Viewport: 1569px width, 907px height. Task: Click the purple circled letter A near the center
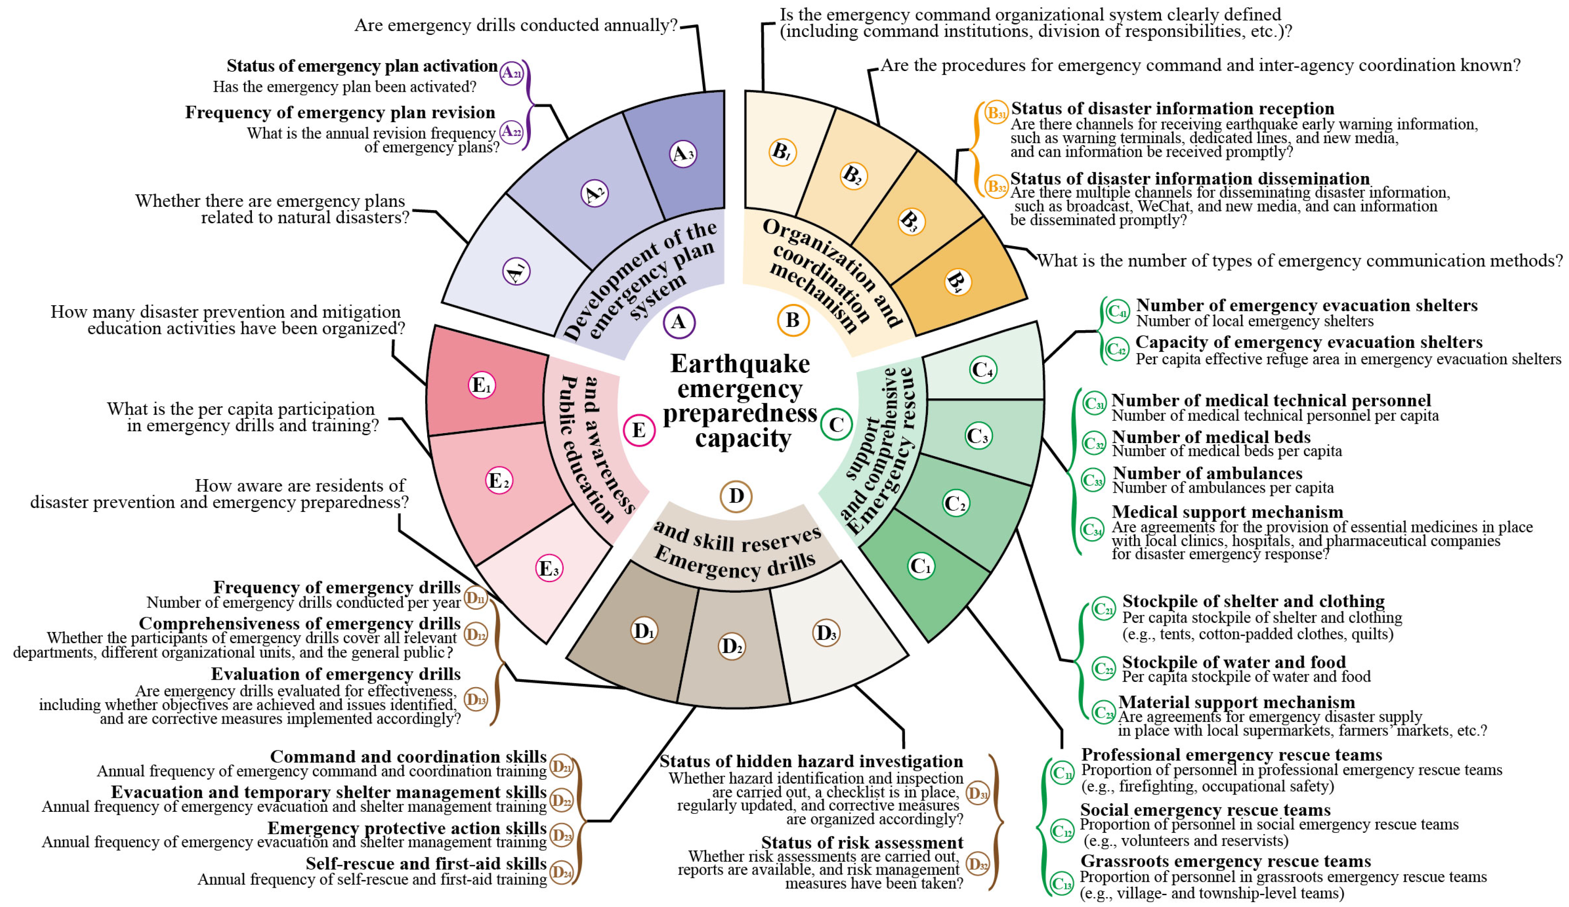coord(679,322)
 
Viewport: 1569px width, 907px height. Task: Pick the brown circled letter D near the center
coord(736,496)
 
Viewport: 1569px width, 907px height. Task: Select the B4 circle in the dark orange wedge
coord(957,281)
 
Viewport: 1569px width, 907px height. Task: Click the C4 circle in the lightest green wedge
coord(983,370)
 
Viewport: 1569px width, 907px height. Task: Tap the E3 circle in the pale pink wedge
coord(549,568)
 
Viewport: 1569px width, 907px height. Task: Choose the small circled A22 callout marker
coord(512,131)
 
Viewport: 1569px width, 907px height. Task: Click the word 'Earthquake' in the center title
coord(740,363)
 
